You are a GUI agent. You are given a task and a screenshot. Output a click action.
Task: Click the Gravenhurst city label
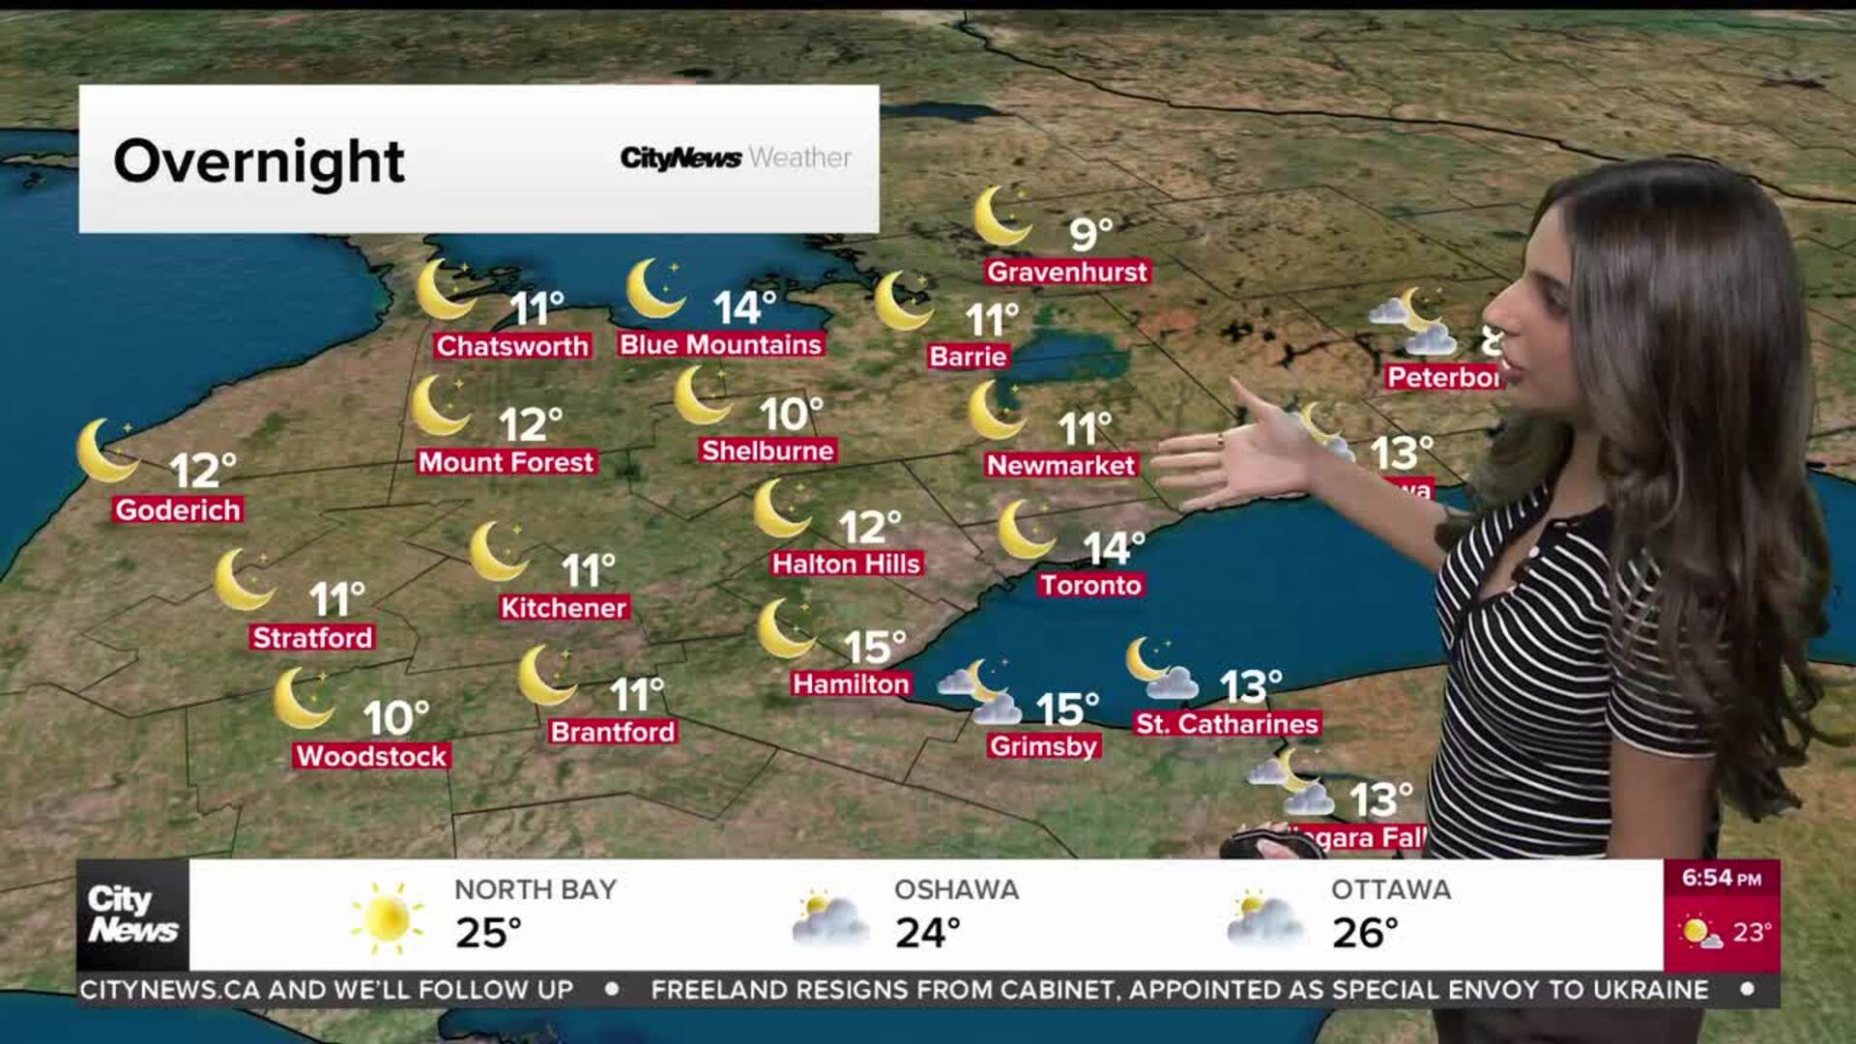(1067, 272)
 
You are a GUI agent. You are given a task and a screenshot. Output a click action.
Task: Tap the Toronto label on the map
(1090, 585)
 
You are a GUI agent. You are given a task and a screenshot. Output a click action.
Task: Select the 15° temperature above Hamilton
(874, 647)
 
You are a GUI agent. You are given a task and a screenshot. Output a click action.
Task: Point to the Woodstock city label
(372, 756)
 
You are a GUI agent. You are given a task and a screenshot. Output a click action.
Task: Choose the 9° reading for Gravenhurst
(1090, 234)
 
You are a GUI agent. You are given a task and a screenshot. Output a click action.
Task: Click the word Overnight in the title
(259, 160)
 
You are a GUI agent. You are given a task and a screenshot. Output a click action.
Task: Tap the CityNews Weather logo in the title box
(736, 158)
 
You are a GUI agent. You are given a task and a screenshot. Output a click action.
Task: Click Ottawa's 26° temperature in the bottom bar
(1364, 933)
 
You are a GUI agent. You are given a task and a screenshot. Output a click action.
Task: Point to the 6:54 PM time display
(1721, 878)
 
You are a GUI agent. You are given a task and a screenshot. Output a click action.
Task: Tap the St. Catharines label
(1227, 724)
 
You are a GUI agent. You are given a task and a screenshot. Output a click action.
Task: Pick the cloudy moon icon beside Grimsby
(980, 692)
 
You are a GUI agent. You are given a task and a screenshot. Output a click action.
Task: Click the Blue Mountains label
(720, 345)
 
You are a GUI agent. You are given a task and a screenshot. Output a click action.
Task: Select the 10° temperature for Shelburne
(791, 415)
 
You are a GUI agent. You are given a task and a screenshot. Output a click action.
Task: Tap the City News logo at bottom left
(132, 914)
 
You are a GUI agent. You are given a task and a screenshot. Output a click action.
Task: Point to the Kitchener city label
(564, 607)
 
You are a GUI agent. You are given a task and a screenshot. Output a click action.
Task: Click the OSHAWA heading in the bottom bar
(956, 889)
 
